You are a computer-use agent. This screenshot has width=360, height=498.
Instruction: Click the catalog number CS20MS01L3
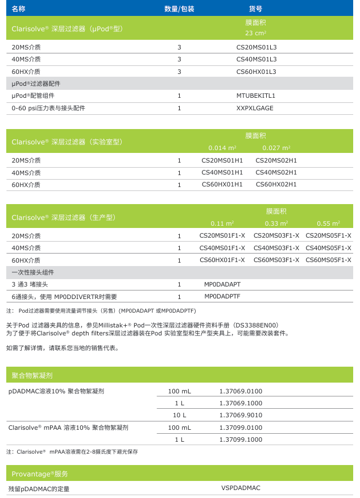click(x=256, y=47)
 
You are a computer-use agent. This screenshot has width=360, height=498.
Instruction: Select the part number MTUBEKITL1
click(x=256, y=96)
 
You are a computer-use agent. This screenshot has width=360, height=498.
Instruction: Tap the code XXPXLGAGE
click(x=255, y=108)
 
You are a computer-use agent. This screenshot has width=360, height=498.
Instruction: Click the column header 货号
click(x=256, y=9)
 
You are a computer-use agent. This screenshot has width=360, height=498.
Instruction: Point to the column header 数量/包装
click(x=179, y=9)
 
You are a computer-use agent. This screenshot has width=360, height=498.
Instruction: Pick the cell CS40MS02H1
click(x=276, y=173)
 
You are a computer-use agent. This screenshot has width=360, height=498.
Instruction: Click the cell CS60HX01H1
click(x=222, y=185)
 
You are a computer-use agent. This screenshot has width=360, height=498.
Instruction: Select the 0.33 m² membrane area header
click(x=276, y=223)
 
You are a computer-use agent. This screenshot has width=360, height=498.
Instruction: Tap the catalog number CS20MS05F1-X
click(x=328, y=236)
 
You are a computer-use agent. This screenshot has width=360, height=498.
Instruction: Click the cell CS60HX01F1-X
click(x=222, y=260)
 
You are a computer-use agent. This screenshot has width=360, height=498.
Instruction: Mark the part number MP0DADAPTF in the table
click(x=222, y=296)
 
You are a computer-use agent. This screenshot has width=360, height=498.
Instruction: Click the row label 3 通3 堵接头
click(x=30, y=284)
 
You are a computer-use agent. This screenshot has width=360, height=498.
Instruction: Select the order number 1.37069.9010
click(x=241, y=415)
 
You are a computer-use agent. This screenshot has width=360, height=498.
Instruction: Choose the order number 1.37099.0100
click(x=241, y=428)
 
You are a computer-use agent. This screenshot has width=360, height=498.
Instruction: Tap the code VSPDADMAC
click(x=241, y=488)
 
